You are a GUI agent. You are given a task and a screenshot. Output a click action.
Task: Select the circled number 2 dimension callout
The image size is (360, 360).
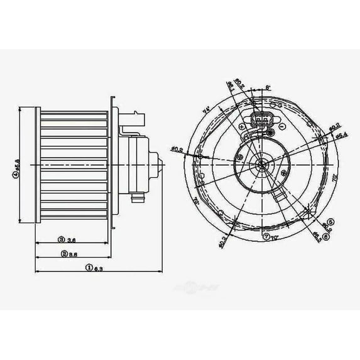click(64, 254)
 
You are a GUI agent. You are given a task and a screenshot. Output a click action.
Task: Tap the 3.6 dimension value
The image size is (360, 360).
click(72, 239)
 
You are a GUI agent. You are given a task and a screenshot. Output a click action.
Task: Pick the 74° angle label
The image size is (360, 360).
click(205, 110)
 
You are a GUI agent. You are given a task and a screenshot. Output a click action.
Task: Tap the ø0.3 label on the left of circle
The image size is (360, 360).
click(177, 149)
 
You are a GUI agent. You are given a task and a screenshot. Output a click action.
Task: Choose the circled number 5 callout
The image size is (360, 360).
click(330, 221)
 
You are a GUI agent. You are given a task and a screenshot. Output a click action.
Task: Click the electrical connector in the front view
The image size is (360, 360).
click(259, 121)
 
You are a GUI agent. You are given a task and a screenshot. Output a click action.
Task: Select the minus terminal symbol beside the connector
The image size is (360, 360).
click(282, 126)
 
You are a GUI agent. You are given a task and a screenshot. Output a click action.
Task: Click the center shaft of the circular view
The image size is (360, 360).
click(260, 165)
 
